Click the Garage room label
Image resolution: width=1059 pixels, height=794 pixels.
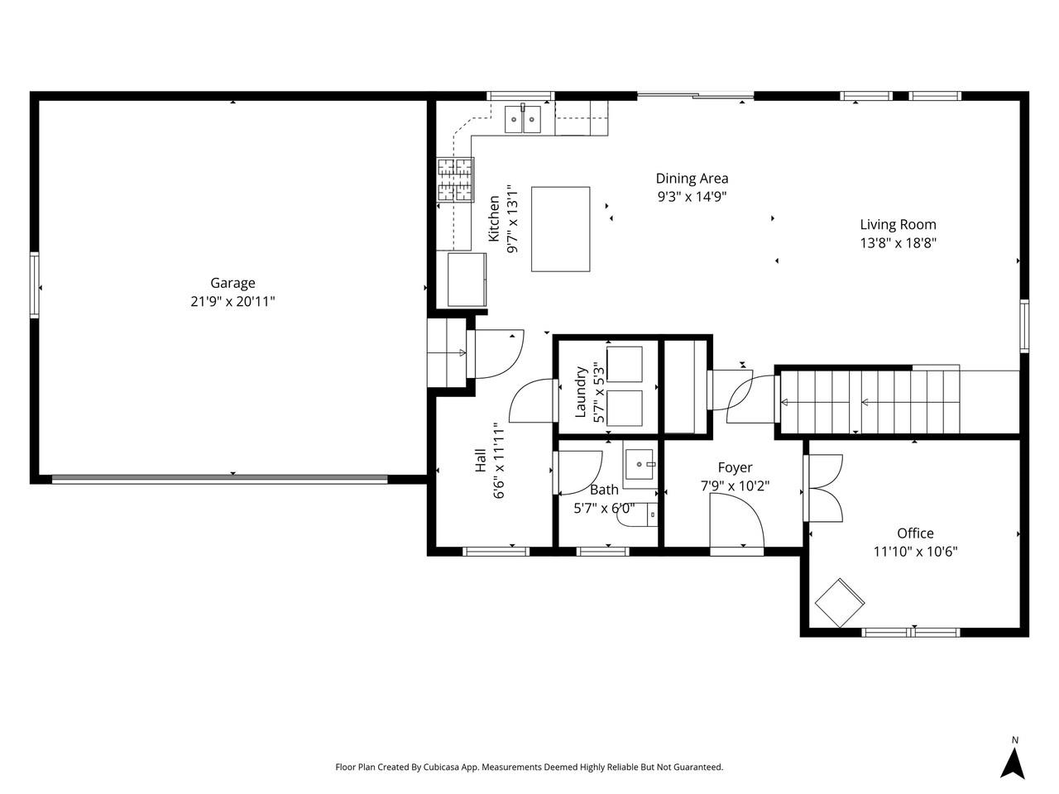click(232, 283)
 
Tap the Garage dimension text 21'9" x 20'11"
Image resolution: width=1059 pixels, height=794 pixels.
click(232, 303)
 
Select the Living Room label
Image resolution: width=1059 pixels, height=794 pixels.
click(898, 224)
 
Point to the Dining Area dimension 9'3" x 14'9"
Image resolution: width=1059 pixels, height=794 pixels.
click(692, 197)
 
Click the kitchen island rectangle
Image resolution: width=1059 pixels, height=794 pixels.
click(561, 229)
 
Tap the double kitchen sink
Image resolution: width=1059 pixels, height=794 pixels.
click(523, 120)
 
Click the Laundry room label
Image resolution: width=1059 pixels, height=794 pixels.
click(581, 392)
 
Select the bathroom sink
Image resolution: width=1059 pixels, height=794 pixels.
click(640, 466)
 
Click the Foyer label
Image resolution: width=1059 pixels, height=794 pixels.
click(735, 467)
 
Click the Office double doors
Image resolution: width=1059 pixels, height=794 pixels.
click(824, 488)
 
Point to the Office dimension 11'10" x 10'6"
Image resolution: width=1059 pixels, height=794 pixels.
click(915, 552)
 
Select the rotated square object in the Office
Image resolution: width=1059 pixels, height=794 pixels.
click(840, 602)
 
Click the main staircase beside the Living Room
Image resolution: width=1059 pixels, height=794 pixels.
click(869, 402)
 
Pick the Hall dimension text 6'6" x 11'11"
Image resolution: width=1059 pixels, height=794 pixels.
click(499, 462)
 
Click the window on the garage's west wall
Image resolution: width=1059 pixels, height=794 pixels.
click(35, 285)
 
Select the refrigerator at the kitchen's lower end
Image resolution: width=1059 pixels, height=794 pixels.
click(467, 280)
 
